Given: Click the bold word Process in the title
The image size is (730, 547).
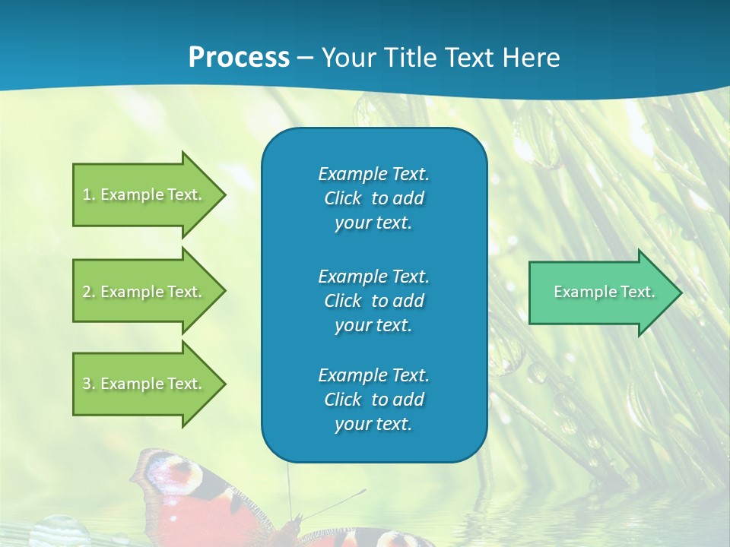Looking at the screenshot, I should (239, 58).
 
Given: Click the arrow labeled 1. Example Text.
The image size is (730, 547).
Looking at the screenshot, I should (144, 194).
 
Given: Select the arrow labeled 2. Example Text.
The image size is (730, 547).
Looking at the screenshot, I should (144, 292).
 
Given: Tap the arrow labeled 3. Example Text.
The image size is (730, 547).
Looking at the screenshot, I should (144, 384).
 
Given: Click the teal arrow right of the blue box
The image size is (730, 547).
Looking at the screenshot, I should (601, 292).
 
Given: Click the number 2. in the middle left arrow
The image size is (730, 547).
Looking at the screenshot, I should (89, 292).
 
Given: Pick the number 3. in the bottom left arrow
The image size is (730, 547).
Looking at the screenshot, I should (89, 384).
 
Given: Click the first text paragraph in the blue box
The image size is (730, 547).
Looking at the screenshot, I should (373, 198).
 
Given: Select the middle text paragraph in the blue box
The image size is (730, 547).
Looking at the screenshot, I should (373, 300).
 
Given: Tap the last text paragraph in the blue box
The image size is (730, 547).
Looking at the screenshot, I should (373, 400).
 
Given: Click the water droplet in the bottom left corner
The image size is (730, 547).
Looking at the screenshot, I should (61, 532).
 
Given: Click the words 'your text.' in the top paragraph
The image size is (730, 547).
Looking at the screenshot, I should (373, 223).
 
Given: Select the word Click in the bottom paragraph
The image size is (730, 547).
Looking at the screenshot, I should (342, 400).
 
